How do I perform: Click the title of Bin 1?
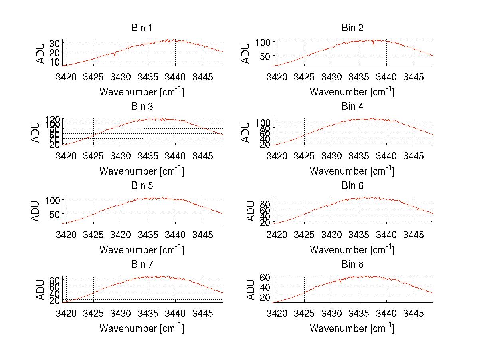click(142, 28)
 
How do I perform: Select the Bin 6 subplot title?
click(352, 186)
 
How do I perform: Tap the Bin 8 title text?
click(352, 265)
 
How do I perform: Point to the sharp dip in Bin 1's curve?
click(115, 55)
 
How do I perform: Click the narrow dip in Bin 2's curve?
click(374, 44)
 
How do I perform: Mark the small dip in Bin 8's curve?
click(340, 282)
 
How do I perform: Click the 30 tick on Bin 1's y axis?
click(55, 43)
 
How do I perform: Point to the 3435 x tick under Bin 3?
click(148, 155)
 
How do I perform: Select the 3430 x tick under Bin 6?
click(331, 234)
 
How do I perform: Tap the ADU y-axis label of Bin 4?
click(246, 132)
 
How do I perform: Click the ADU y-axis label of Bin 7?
click(36, 290)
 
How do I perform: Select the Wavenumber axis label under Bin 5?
click(142, 250)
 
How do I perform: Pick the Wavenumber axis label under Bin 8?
click(352, 328)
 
